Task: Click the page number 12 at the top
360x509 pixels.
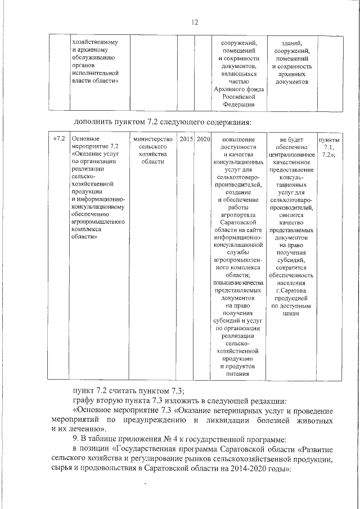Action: pos(195,22)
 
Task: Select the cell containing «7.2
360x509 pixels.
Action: pos(60,139)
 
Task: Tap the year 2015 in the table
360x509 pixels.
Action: pos(186,139)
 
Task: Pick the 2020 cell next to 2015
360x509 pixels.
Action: pos(203,139)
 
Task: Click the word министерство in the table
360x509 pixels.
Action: pos(152,139)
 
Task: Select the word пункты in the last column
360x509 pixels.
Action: pos(329,139)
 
